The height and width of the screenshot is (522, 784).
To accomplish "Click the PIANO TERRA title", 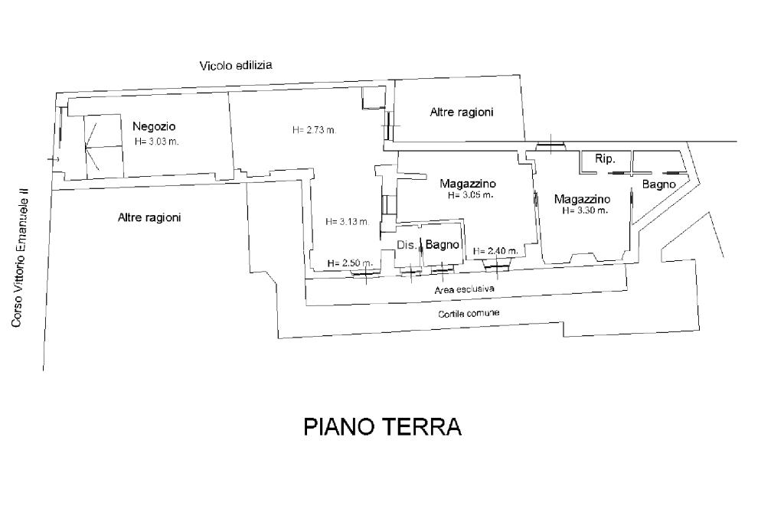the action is click(383, 427).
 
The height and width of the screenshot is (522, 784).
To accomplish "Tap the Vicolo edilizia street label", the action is click(236, 65).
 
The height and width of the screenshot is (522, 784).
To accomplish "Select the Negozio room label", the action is click(154, 126).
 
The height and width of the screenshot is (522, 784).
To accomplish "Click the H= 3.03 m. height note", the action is click(156, 142).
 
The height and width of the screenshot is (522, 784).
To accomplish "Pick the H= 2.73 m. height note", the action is click(315, 130).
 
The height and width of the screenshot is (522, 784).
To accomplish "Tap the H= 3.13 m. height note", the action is click(348, 221).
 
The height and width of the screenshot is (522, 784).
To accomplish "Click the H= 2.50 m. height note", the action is click(350, 263).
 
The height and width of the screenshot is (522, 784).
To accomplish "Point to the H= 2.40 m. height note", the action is click(495, 251).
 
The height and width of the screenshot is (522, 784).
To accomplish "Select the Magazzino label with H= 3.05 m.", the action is click(468, 184).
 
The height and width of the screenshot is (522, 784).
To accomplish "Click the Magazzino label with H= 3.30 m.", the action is click(582, 199).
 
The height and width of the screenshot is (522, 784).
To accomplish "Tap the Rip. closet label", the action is click(605, 159).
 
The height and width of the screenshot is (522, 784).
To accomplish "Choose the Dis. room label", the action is click(407, 245).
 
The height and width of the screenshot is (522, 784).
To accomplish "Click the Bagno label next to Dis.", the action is click(442, 244).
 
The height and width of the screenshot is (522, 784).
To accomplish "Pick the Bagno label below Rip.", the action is click(659, 184).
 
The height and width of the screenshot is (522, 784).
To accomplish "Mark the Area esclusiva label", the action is click(465, 289).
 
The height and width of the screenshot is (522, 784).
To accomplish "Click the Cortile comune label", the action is click(469, 314).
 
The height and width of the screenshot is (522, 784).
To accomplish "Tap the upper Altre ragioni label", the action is click(462, 112).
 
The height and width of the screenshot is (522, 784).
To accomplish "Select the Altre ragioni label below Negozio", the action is click(149, 217).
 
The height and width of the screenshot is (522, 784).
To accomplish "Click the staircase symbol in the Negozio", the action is click(103, 147).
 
